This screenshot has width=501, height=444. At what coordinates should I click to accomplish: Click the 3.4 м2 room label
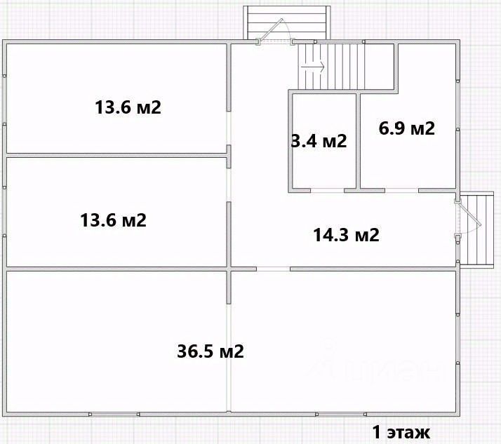coord(319,141)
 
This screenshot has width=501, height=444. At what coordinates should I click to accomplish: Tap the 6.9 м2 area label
coord(407,128)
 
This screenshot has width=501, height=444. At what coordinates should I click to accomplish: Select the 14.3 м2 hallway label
coord(347,235)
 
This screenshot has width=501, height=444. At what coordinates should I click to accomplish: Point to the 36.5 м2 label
coord(211,351)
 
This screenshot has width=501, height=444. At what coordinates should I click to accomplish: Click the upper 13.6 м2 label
coord(128,107)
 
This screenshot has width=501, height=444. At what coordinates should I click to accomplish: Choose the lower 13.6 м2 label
coord(113,220)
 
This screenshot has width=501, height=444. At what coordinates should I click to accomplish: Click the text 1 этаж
coord(401,433)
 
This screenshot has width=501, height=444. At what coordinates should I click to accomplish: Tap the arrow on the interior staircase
coord(313,67)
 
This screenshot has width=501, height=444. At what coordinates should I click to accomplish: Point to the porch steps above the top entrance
coord(287,22)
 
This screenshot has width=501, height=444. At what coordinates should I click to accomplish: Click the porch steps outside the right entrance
coord(477,229)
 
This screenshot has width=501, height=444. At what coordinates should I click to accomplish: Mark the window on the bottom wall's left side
coord(114,415)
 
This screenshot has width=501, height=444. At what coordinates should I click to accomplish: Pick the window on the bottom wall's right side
coord(341,415)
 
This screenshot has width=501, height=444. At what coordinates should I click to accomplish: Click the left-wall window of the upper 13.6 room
coord(4,100)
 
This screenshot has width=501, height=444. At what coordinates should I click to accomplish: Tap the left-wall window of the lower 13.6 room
coord(4,211)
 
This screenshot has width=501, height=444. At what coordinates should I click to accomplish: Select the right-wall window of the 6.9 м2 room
coord(458,105)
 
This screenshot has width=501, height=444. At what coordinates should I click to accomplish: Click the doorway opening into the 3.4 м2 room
coord(327,190)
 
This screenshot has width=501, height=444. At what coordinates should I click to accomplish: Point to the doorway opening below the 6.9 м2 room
coord(401,190)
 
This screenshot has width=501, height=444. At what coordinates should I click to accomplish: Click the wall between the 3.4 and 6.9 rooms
coord(359,141)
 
